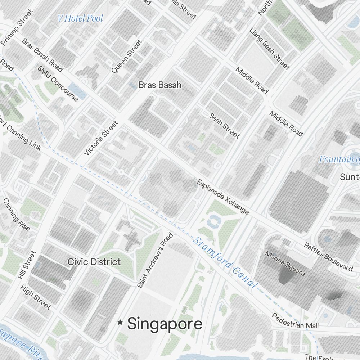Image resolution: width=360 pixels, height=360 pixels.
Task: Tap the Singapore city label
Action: [165, 324]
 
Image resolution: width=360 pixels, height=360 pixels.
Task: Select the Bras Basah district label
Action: [160, 85]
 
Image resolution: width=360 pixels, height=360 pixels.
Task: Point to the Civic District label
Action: [94, 262]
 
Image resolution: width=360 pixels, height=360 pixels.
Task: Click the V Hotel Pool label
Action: [80, 18]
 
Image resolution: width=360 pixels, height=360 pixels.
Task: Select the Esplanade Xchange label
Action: [222, 197]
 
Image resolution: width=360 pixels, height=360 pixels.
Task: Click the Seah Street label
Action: [224, 126]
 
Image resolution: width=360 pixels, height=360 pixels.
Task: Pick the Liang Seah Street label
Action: [269, 48]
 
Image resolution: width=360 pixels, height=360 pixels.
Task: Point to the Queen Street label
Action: [127, 57]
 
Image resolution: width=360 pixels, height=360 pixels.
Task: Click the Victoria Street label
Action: [101, 139]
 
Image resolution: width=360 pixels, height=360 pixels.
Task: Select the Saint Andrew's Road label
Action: [155, 260]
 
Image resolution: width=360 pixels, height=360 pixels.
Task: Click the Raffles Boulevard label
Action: [328, 256]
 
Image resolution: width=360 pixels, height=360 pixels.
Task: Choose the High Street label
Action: [36, 297]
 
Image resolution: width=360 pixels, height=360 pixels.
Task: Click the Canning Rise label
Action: [17, 215]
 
